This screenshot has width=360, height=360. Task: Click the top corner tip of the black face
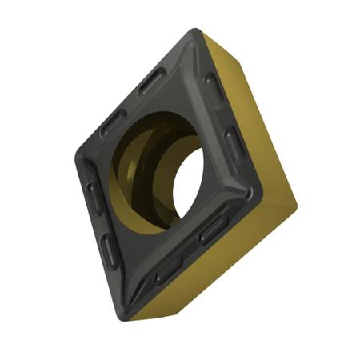194,33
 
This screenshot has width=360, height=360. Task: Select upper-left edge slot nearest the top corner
152,80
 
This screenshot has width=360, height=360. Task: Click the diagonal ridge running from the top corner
192,60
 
